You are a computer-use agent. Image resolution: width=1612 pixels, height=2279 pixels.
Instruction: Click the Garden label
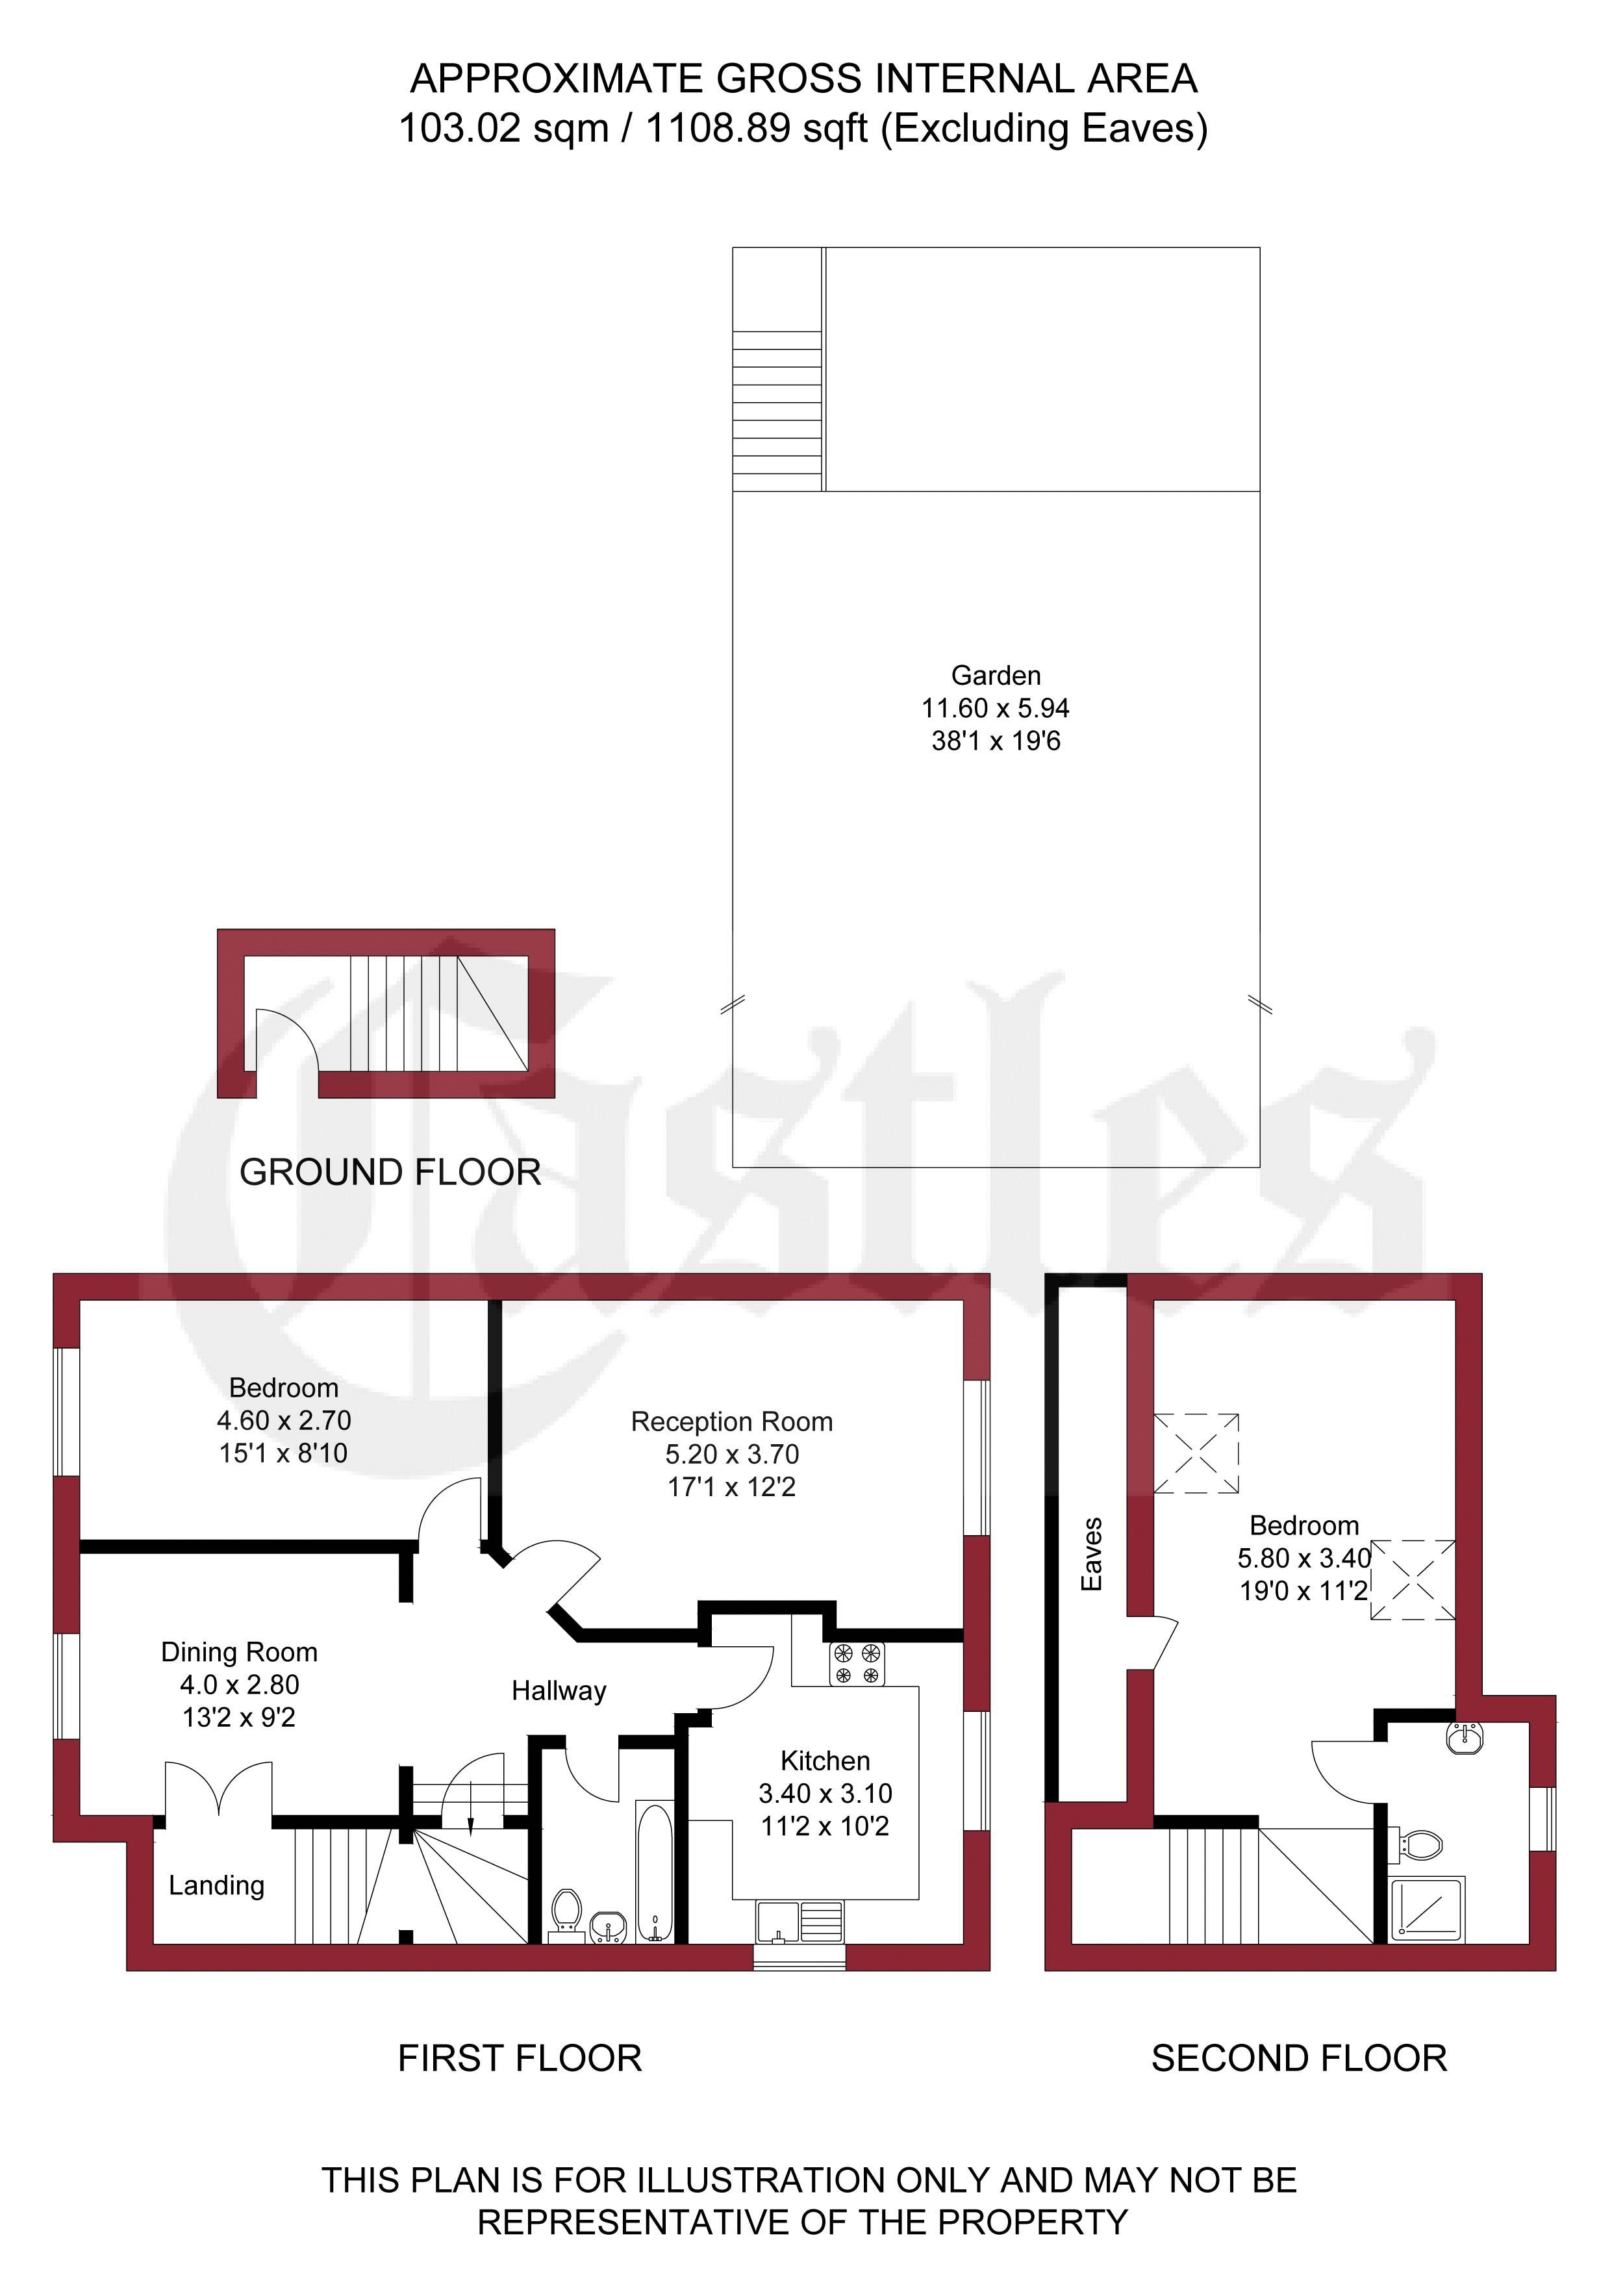coord(996,676)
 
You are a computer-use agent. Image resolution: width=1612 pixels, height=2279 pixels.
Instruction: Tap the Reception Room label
coord(731,1422)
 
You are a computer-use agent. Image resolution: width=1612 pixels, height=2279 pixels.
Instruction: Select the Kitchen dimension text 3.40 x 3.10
coord(825,1794)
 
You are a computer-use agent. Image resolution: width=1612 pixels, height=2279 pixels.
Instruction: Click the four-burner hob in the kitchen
coord(857,1664)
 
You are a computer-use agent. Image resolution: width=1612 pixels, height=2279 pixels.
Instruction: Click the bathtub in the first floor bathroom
coord(654,1872)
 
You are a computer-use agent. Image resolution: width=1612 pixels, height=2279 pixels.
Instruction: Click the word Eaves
coord(1091,1555)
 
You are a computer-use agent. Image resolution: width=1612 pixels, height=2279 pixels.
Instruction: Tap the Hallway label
coord(559,1691)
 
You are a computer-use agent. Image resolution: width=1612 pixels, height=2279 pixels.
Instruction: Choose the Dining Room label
coord(239,1653)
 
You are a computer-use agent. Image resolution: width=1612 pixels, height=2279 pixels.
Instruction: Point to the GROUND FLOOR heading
coord(390,1172)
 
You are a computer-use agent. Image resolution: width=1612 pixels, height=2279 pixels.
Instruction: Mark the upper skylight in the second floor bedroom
coord(1196,1453)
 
